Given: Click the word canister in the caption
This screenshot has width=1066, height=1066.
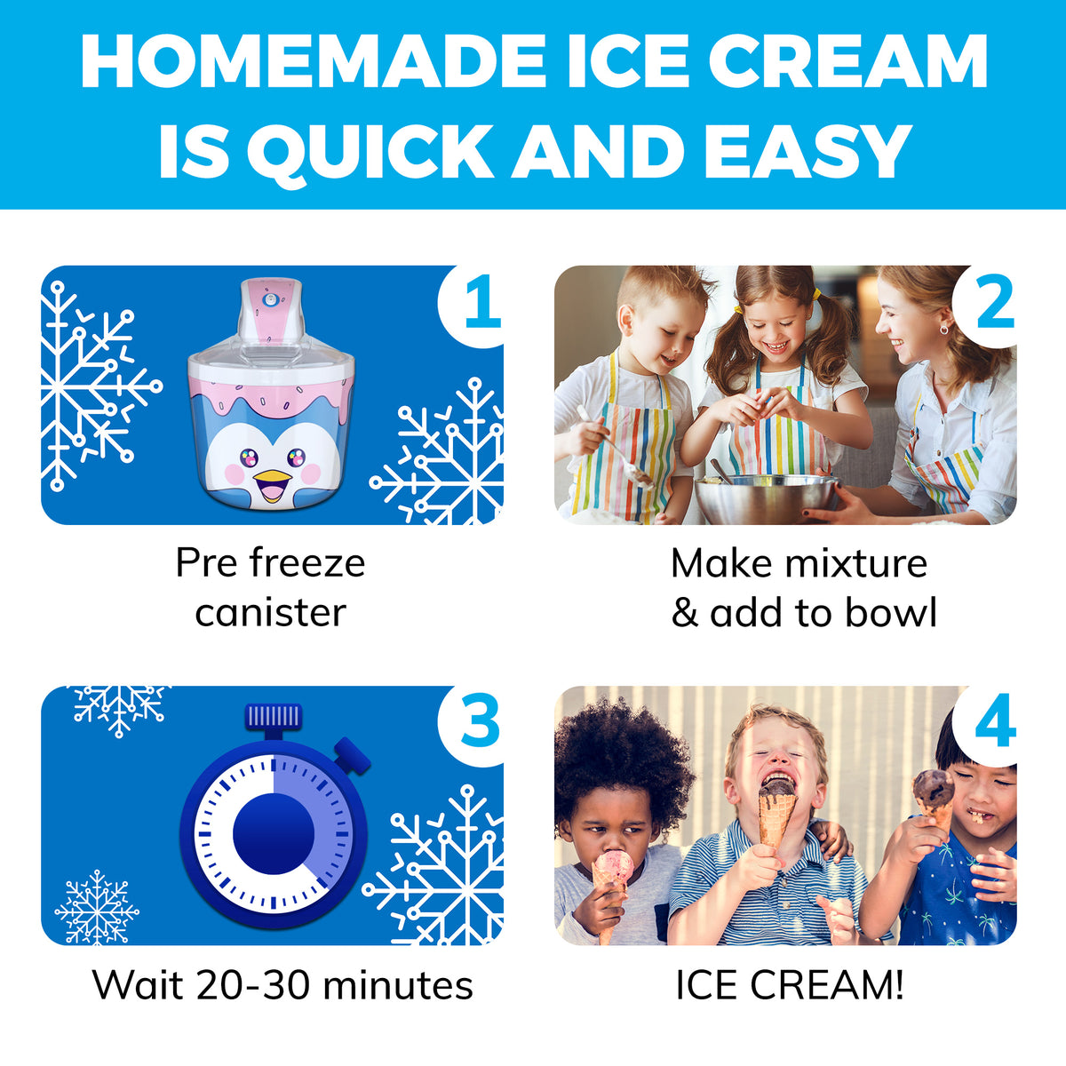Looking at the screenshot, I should coord(270,612).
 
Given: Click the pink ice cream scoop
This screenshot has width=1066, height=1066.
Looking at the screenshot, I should coord(613,865).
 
